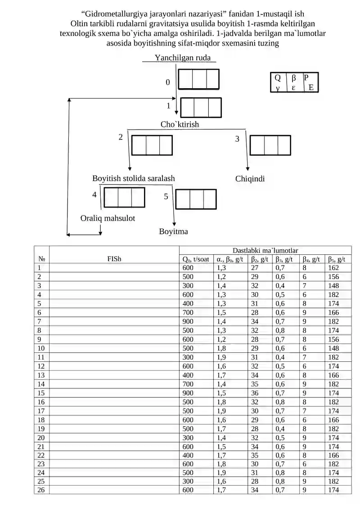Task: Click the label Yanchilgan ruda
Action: click(182, 58)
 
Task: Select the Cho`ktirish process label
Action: click(180, 124)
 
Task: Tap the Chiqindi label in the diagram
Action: click(250, 179)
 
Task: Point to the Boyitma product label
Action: click(173, 231)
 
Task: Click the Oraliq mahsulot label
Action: click(108, 218)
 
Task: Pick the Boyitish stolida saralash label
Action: click(133, 178)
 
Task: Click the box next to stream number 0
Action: click(198, 79)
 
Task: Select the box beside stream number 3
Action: click(270, 145)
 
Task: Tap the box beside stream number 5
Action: click(196, 199)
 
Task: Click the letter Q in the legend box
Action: click(278, 78)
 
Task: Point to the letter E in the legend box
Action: click(311, 87)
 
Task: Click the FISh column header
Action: click(114, 259)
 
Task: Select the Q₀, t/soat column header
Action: click(196, 259)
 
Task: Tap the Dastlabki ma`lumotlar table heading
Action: click(265, 250)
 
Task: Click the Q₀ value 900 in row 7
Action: click(188, 321)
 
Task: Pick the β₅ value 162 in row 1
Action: click(333, 268)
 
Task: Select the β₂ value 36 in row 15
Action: click(255, 393)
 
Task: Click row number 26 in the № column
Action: click(41, 490)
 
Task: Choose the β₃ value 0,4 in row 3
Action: click(280, 286)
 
